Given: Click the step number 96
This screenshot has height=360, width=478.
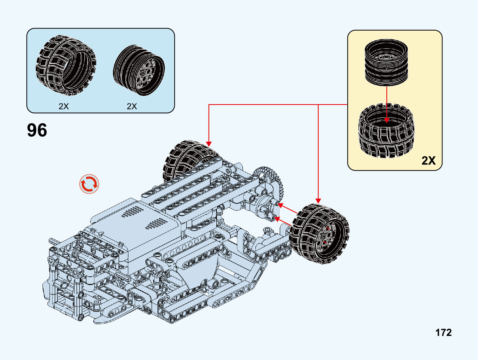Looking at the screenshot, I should (37, 130).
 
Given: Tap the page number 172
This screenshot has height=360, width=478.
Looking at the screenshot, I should (443, 332).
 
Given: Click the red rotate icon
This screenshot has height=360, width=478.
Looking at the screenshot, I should (89, 184).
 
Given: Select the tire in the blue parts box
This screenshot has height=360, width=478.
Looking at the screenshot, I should (65, 65).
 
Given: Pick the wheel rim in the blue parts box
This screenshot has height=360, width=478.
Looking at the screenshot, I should (139, 70).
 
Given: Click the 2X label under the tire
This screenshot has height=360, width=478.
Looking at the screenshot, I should (64, 106).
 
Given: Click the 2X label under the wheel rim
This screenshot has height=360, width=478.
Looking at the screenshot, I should (132, 106).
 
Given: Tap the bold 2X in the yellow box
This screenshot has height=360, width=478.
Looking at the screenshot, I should (428, 160).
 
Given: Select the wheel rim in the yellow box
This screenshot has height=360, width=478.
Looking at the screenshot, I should (386, 62).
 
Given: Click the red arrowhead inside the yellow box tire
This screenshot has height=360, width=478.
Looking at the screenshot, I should (387, 120).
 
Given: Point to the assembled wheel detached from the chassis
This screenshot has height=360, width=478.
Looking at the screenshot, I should (319, 234).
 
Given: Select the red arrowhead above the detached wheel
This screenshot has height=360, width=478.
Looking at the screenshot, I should (318, 201).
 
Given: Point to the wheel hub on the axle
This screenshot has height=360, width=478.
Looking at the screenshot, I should (264, 206).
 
